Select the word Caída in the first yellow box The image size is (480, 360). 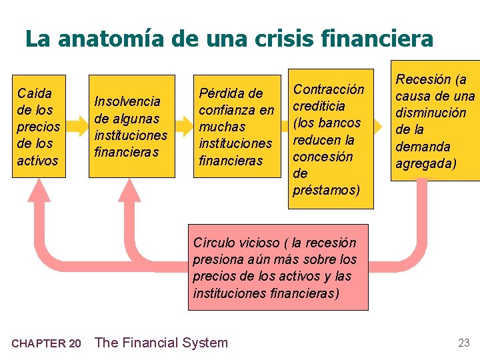pos(35,93)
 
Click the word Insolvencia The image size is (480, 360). pos(127,101)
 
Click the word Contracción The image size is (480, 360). pos(329,89)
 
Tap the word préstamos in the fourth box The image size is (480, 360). pos(326,190)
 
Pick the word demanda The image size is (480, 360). pos(423,147)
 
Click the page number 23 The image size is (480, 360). pos(464,343)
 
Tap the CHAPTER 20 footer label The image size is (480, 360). pos(47,344)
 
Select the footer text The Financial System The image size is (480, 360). pos(161,343)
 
